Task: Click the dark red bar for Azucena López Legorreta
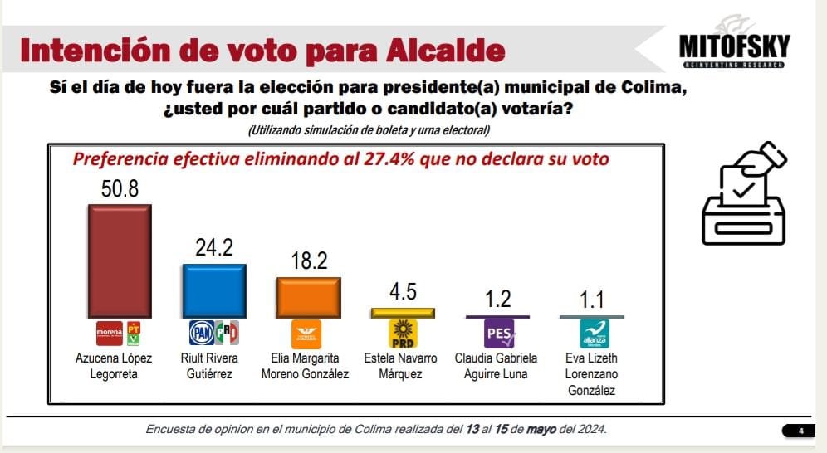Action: [x=120, y=261]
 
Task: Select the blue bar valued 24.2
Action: [x=214, y=290]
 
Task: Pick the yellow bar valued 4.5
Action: [x=403, y=313]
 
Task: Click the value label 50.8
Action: [x=120, y=189]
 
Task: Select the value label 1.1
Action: [x=593, y=300]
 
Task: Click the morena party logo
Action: [x=110, y=334]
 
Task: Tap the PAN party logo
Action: [x=203, y=334]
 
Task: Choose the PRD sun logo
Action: [x=403, y=334]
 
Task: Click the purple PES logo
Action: [x=499, y=334]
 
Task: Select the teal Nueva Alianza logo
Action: [x=594, y=334]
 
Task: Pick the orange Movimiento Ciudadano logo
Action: [x=307, y=334]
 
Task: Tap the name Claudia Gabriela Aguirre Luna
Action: [x=497, y=366]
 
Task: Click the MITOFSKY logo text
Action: [x=733, y=46]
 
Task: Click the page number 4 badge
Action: [x=800, y=430]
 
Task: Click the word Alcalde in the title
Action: [x=446, y=51]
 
